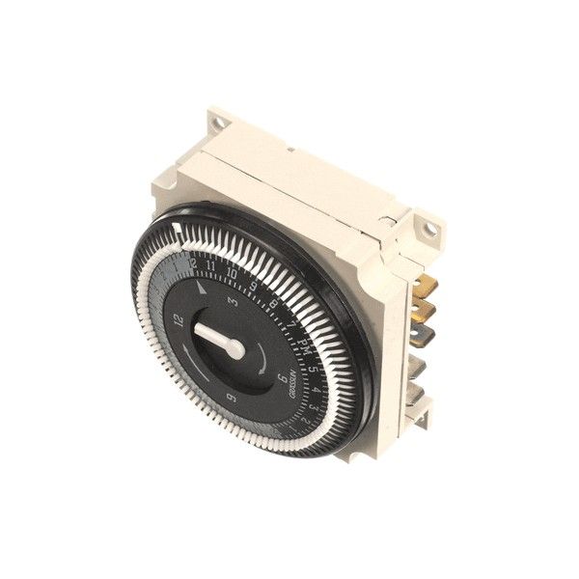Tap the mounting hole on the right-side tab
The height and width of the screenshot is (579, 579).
coord(423,227)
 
